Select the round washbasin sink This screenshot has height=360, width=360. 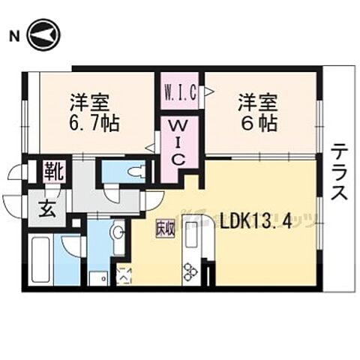(117, 232)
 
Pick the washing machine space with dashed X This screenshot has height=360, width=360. (123, 276)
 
